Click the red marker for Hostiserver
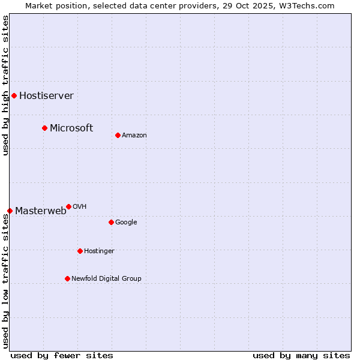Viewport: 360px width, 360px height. pos(14,95)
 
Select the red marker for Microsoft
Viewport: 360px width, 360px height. pos(44,128)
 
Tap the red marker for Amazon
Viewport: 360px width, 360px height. pos(118,135)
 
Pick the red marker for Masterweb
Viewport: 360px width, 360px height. pos(10,211)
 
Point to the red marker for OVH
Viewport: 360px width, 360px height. pos(68,206)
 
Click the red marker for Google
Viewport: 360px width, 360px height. pos(111,222)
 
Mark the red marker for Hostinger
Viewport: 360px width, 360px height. pos(80,251)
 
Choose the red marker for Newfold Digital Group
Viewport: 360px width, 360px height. pos(67,278)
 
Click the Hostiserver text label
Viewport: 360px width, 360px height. pos(46,95)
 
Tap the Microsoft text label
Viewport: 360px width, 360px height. pos(71,128)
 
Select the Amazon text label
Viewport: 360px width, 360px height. pos(134,135)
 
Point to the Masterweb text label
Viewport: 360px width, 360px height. pos(41,211)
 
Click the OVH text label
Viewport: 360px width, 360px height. pos(80,206)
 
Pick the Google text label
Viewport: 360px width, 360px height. pos(126,222)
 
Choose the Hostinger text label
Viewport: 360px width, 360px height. pos(99,251)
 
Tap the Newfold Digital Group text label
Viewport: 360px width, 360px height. pos(106,278)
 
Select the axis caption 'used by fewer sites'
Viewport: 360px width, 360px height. pos(62,355)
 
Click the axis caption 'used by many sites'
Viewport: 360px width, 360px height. pos(301,355)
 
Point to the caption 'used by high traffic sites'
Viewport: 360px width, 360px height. pos(5,85)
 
